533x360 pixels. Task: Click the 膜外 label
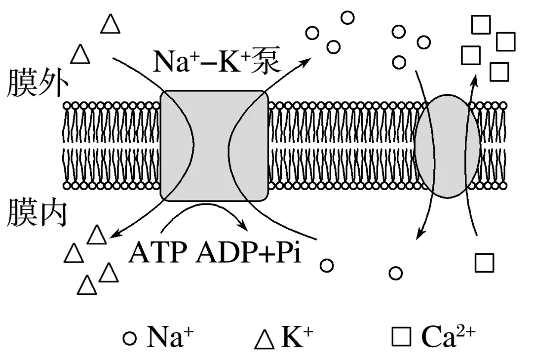36,83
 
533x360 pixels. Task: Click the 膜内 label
36,213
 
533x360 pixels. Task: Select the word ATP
157,253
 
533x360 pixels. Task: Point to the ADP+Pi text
249,253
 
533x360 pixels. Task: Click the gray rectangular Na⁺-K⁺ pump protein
214,146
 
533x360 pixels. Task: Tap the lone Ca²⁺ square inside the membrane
484,262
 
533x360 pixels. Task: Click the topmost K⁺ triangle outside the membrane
110,24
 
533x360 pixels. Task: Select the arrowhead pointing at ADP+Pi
243,226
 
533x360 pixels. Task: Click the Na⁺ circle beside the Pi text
326,265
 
